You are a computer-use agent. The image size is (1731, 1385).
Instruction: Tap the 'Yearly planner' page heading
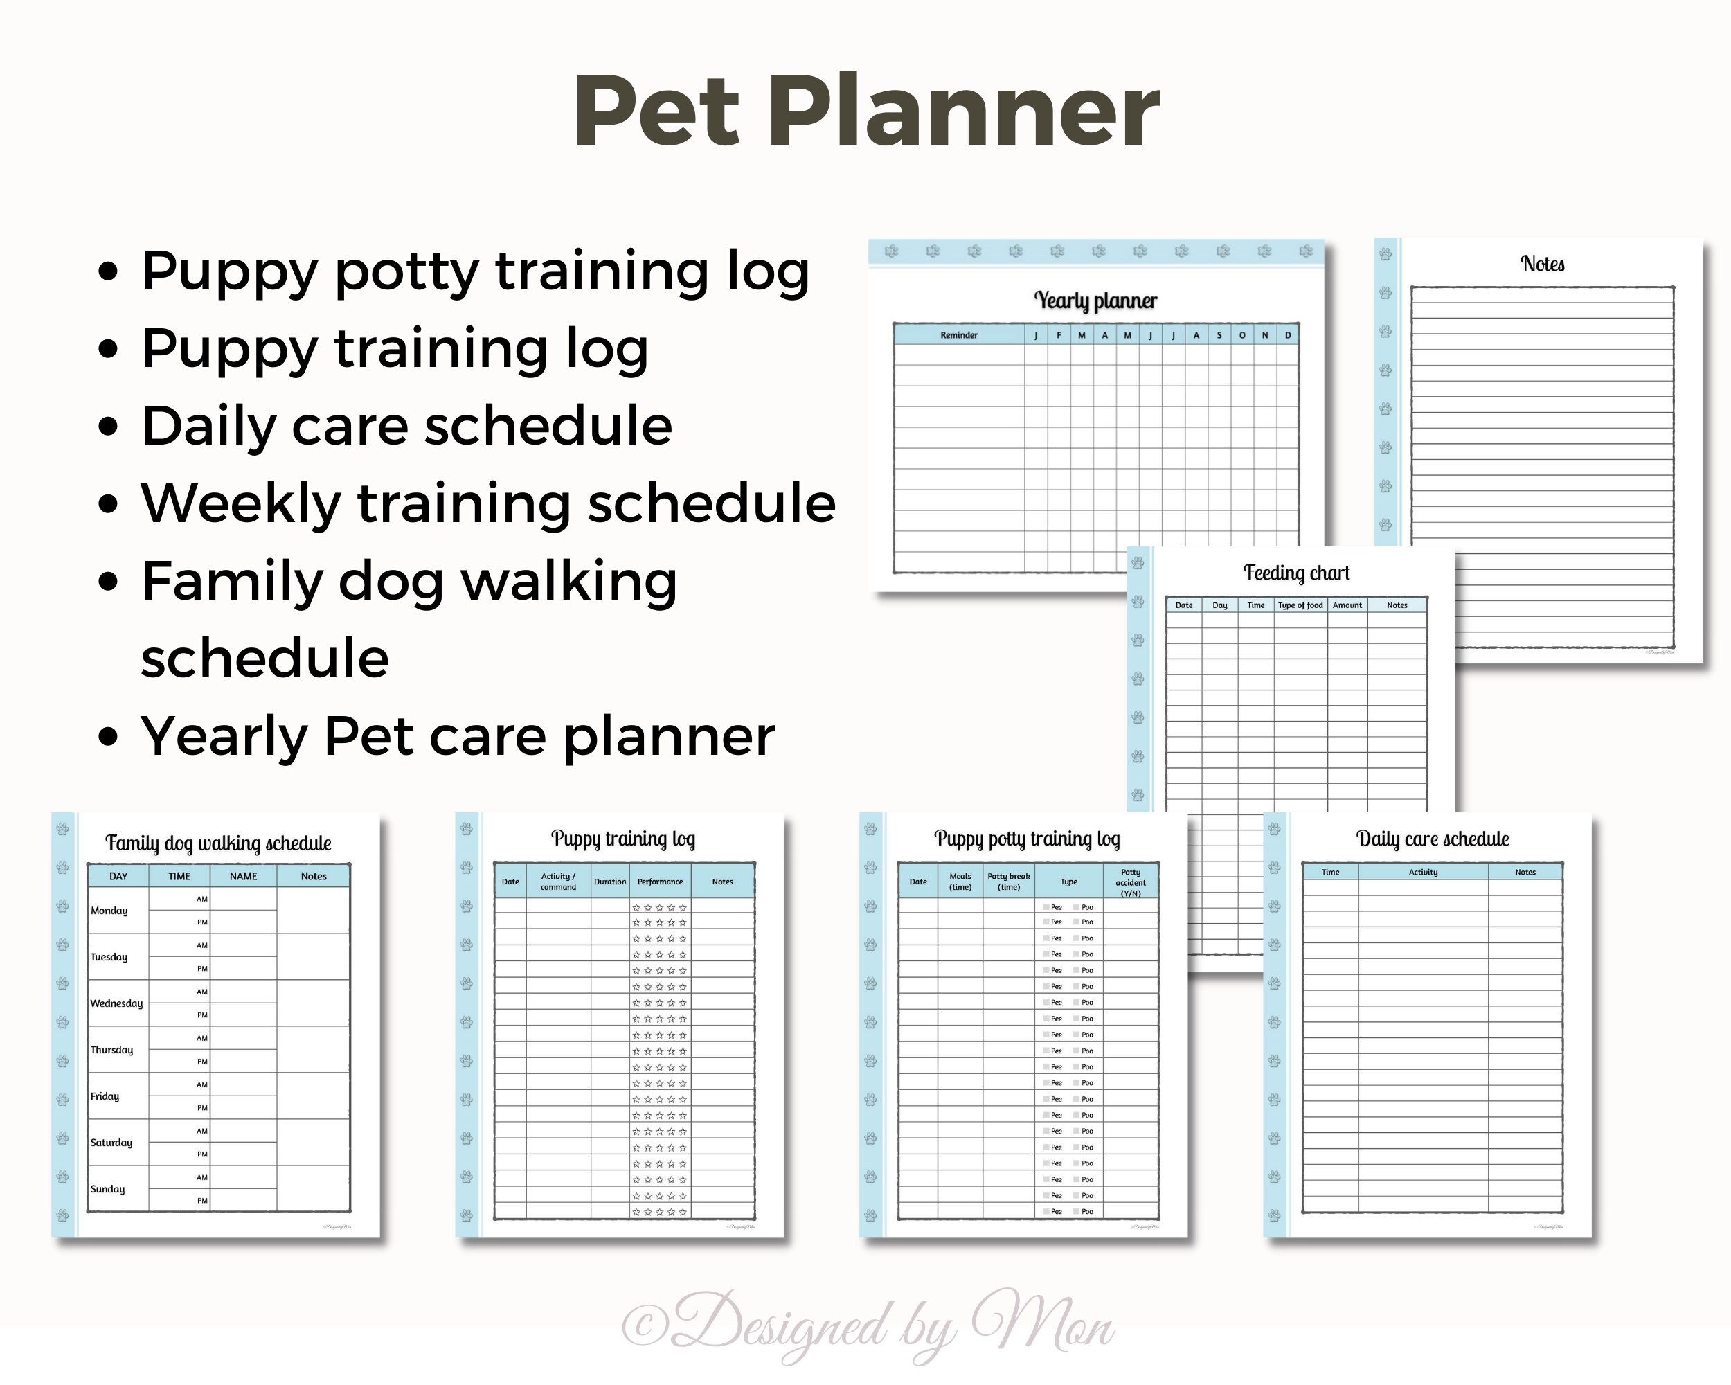[1095, 301]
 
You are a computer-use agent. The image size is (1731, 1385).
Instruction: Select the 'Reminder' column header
[959, 334]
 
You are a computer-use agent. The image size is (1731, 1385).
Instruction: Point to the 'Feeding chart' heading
[1296, 573]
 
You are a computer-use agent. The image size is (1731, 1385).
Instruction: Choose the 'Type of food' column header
[1300, 605]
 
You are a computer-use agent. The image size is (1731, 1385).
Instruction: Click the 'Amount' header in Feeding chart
[1347, 605]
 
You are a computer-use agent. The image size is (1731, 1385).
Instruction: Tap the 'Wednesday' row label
[116, 1003]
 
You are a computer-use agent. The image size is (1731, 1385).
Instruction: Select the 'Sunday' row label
[107, 1189]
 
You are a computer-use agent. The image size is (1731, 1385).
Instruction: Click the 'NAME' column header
[243, 876]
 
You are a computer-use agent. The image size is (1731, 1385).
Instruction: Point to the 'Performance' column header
[660, 882]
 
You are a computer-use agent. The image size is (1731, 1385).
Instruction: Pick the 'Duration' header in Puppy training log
[610, 882]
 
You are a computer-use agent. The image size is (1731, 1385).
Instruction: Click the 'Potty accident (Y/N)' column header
[1131, 882]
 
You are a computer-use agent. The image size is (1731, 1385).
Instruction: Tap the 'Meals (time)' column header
[960, 882]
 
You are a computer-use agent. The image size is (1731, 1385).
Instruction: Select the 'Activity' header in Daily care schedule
[1423, 872]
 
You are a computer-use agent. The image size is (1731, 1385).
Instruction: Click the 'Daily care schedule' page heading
[1433, 839]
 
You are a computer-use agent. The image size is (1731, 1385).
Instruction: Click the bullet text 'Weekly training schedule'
[488, 503]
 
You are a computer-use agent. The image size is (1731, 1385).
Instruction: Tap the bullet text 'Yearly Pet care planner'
[458, 736]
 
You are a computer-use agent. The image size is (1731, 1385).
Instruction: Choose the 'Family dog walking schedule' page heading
[218, 843]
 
